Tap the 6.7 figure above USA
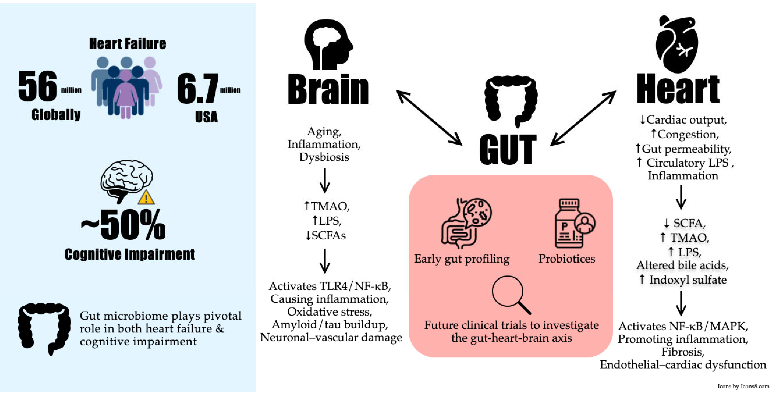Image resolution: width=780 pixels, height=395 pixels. point(197,89)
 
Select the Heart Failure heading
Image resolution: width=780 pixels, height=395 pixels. point(127,44)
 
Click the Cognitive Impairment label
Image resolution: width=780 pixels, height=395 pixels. point(130,254)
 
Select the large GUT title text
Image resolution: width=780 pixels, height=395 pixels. point(508,150)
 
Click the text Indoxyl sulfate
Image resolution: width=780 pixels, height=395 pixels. point(687,280)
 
